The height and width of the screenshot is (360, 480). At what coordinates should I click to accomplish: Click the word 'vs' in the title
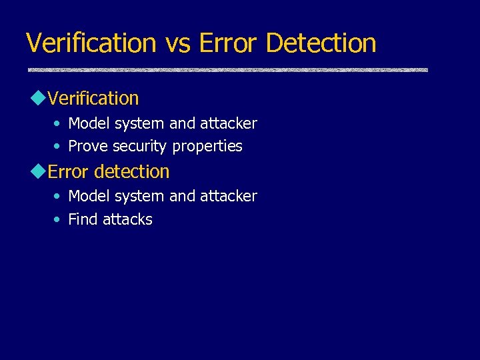[177, 43]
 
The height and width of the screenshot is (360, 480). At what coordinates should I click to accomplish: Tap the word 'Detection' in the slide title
[321, 43]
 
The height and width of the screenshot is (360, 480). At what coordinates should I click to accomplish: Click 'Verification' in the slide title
[91, 43]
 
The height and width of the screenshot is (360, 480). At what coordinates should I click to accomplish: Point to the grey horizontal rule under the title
[227, 69]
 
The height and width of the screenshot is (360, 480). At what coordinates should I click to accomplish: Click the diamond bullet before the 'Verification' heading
[37, 98]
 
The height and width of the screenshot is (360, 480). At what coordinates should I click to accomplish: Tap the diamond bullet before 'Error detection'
[37, 171]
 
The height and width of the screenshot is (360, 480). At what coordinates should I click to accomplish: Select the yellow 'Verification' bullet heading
[93, 99]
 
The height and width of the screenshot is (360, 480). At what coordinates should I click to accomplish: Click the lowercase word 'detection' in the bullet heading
[131, 172]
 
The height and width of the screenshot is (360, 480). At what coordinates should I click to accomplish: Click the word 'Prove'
[89, 146]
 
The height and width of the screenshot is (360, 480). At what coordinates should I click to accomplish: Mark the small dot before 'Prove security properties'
[58, 146]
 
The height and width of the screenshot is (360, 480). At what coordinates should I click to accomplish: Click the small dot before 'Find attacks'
[58, 219]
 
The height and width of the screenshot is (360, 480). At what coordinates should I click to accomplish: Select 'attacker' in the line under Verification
[228, 123]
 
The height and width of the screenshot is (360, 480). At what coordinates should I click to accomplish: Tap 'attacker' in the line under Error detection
[228, 196]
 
